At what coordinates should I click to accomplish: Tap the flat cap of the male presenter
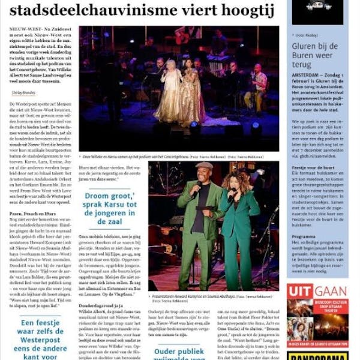pos(205,166)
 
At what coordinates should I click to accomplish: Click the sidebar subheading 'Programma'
pos(304,236)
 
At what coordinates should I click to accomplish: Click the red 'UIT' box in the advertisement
pos(300,292)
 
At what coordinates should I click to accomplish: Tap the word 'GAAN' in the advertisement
pos(331,292)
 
